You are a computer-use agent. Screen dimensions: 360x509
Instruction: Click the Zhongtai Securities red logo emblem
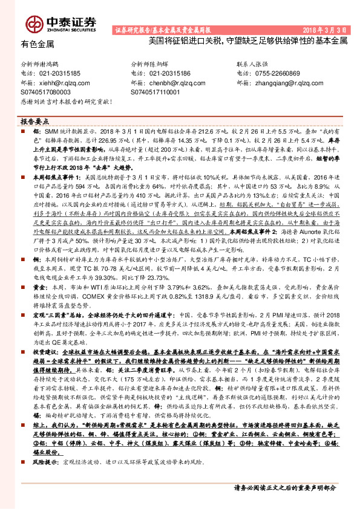35,24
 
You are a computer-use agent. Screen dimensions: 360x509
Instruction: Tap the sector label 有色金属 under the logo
38,44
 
